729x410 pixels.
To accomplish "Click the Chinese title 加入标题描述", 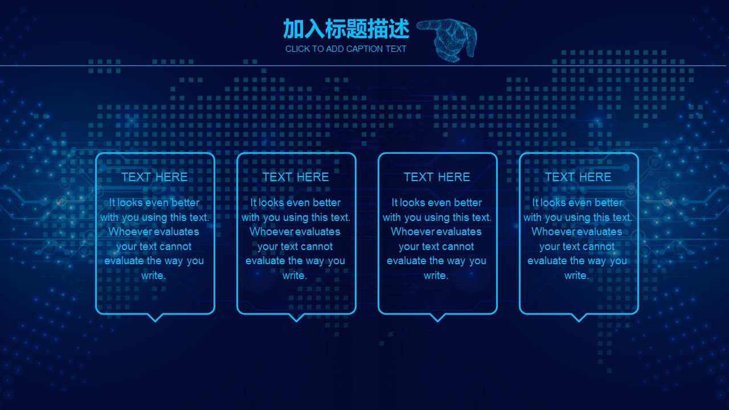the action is pyautogui.click(x=346, y=28).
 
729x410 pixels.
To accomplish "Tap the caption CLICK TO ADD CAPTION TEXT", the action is pyautogui.click(x=346, y=49).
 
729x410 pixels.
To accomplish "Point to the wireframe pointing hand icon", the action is pyautogui.click(x=447, y=40).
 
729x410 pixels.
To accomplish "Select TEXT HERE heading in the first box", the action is pyautogui.click(x=154, y=177).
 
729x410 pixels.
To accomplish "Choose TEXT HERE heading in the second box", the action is pyautogui.click(x=296, y=177).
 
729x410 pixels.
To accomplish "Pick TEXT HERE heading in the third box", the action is pyautogui.click(x=437, y=177).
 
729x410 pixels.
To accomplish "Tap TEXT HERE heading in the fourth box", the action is pyautogui.click(x=578, y=177).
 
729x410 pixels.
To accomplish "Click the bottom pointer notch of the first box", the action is pyautogui.click(x=155, y=318).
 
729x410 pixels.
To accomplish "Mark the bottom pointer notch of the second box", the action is pyautogui.click(x=297, y=318).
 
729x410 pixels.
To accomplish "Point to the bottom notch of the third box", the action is pyautogui.click(x=438, y=318).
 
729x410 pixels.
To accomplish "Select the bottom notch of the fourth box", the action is pyautogui.click(x=579, y=318).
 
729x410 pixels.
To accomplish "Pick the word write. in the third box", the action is pyautogui.click(x=436, y=276).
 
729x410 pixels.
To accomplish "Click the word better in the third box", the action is pyautogui.click(x=468, y=202).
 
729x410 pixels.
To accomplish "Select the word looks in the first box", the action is pyautogui.click(x=130, y=202).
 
